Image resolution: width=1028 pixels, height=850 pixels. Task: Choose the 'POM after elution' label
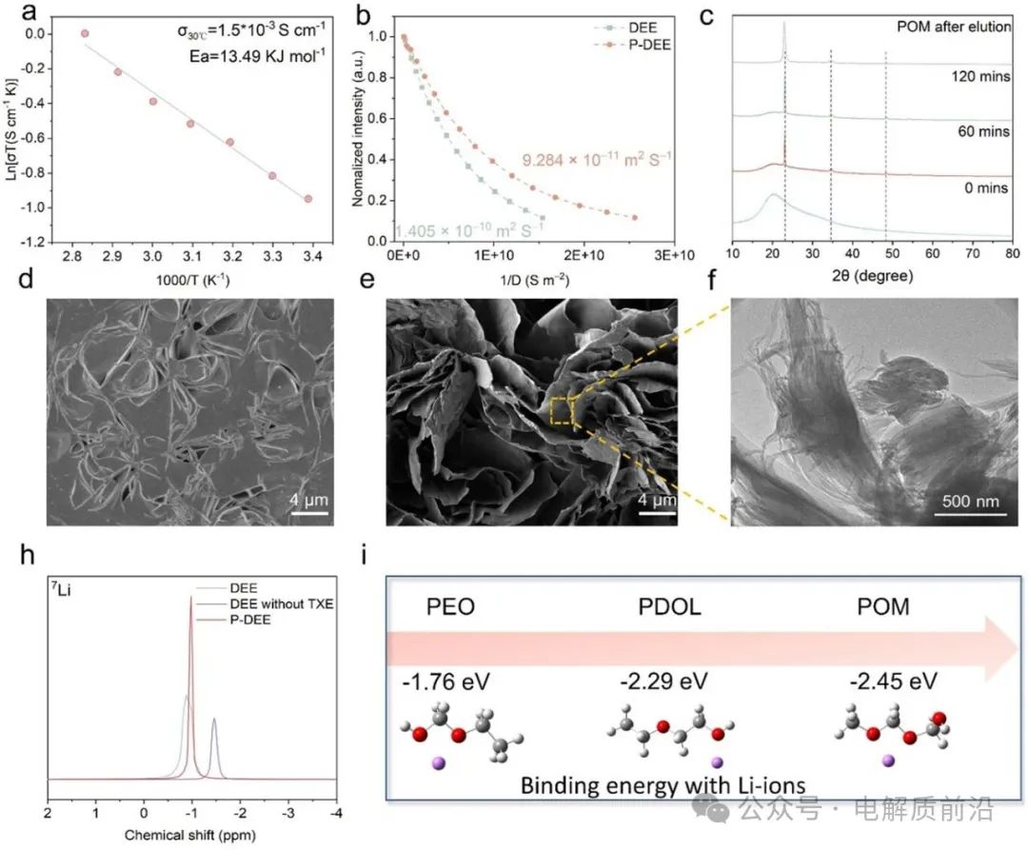[954, 27]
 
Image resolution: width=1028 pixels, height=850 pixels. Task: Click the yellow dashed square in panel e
[563, 410]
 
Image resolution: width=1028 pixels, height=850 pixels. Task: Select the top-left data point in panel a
[85, 33]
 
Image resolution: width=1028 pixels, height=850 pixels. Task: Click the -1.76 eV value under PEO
[454, 681]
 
